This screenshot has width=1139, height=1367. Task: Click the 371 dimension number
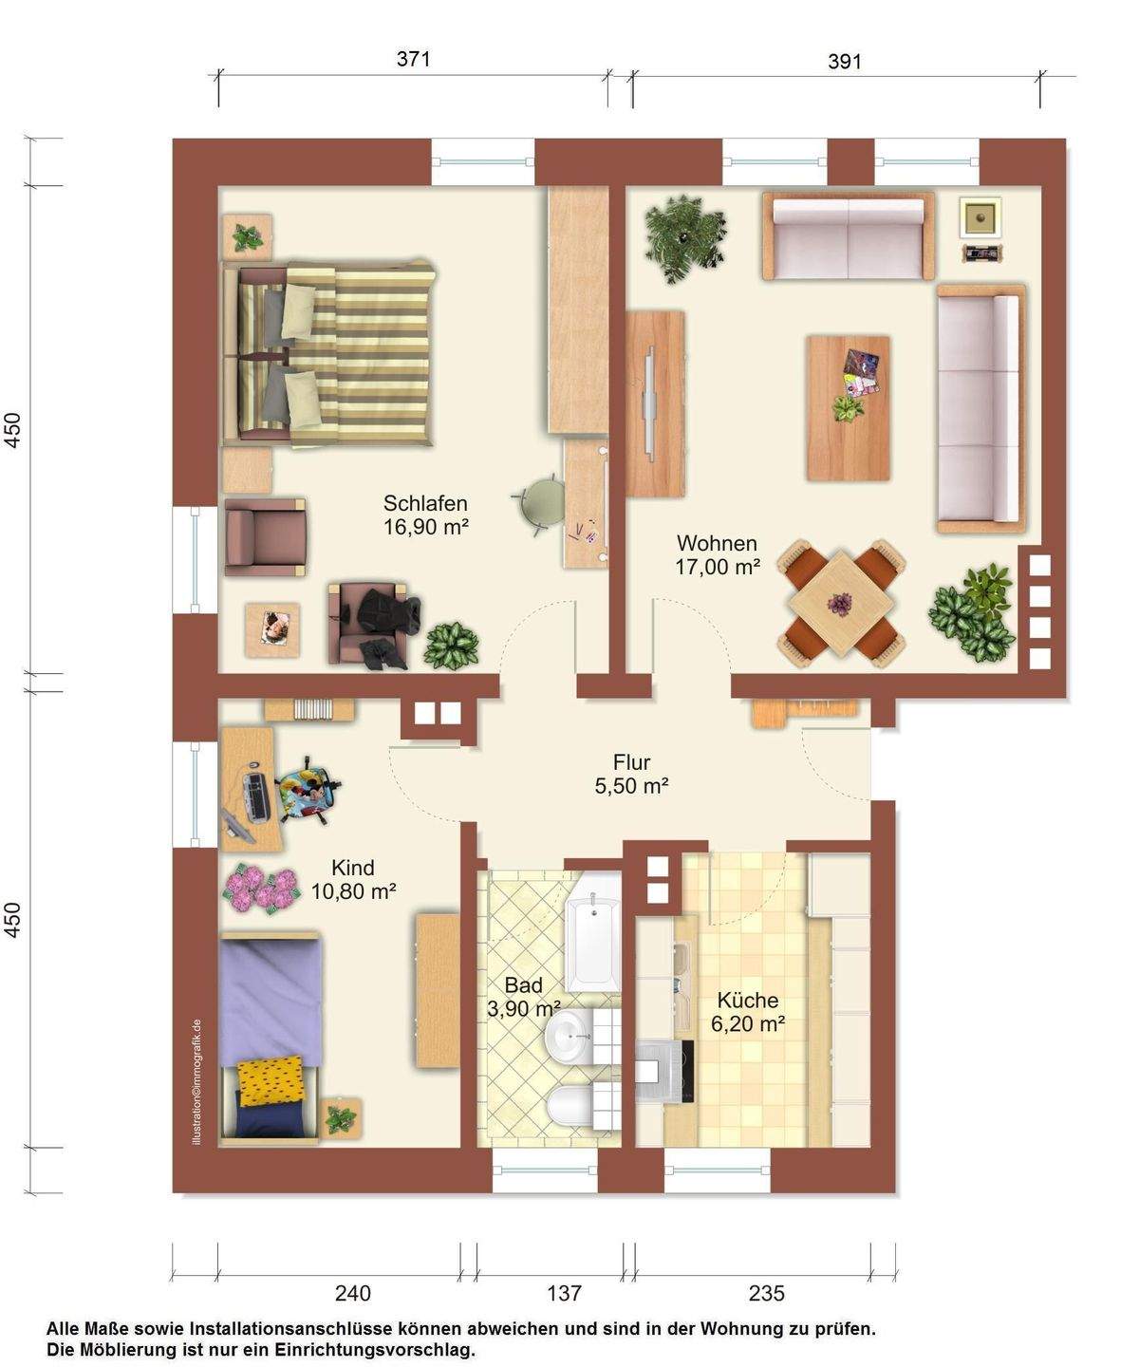(413, 59)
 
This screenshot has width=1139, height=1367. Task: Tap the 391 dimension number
(845, 62)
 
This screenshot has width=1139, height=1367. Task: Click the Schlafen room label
(425, 503)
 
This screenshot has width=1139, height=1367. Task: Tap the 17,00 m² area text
(718, 567)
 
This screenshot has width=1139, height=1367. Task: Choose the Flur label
(632, 762)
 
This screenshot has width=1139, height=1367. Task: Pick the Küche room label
(748, 1000)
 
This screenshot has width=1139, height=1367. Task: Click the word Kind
(353, 868)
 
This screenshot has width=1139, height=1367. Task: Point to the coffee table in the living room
(849, 408)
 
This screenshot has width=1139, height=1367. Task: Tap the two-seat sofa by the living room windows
(849, 235)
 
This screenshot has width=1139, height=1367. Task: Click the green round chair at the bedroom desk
(540, 503)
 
